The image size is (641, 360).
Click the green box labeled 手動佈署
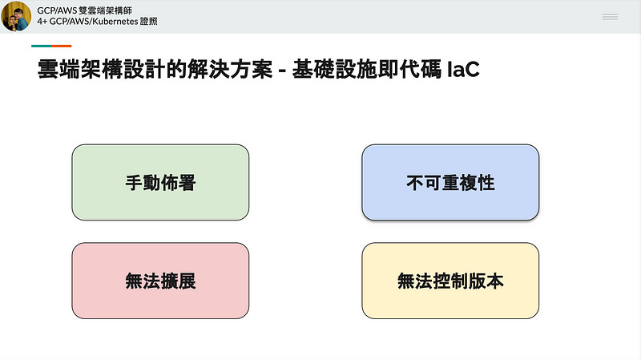click(x=160, y=182)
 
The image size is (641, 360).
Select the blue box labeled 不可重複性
click(x=450, y=182)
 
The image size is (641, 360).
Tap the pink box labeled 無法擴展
click(x=160, y=281)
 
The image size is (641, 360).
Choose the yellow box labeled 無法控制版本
click(x=450, y=281)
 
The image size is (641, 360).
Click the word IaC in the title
click(x=464, y=70)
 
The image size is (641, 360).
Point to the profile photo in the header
click(x=16, y=16)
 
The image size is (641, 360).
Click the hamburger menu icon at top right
click(x=610, y=17)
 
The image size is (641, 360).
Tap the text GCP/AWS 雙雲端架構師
click(x=84, y=10)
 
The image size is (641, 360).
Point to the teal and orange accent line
click(x=51, y=46)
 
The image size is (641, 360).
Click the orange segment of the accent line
click(x=62, y=46)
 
